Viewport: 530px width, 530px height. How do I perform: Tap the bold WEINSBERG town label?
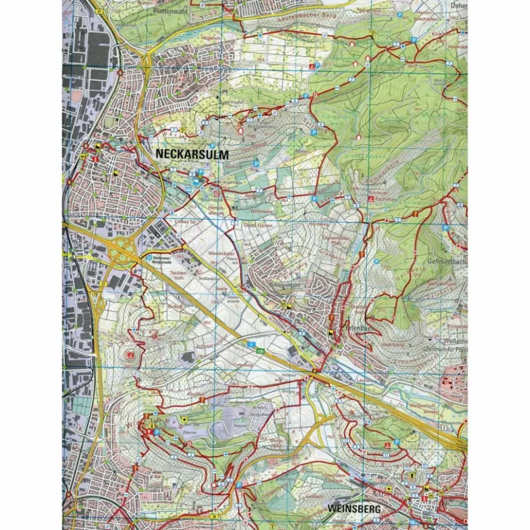coord(351,509)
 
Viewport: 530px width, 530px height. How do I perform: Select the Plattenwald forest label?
coord(140,11)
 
